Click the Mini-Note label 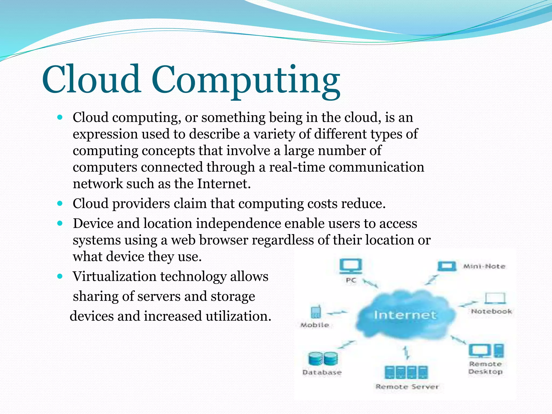pyautogui.click(x=484, y=267)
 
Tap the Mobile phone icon pyautogui.click(x=315, y=312)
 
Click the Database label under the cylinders pyautogui.click(x=322, y=372)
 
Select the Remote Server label pyautogui.click(x=407, y=387)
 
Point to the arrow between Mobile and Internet pyautogui.click(x=337, y=313)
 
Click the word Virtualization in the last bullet pyautogui.click(x=115, y=277)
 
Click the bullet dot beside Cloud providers pyautogui.click(x=60, y=203)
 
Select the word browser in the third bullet pyautogui.click(x=223, y=240)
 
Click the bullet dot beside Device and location pyautogui.click(x=60, y=223)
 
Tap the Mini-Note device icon pyautogui.click(x=447, y=266)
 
